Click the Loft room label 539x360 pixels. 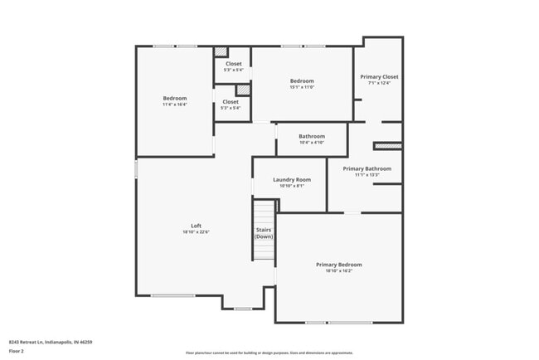tap(197, 226)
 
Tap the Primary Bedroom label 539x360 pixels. tap(338, 265)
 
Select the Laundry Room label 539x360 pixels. tap(292, 179)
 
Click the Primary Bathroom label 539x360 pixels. tap(367, 168)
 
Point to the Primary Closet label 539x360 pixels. tap(379, 76)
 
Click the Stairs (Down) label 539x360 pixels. tap(264, 233)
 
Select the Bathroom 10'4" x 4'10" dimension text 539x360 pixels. tap(312, 143)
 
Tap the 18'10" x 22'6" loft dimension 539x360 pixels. tap(197, 232)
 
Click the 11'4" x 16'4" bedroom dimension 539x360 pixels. tap(175, 105)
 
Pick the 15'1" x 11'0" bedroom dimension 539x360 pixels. tap(302, 87)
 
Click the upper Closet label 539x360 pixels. tap(233, 64)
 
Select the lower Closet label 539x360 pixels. tap(231, 102)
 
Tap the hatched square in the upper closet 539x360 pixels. tap(221, 51)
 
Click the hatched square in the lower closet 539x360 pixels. tap(243, 90)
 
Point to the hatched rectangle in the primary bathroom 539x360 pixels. tap(387, 146)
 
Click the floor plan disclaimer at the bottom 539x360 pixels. tap(269, 353)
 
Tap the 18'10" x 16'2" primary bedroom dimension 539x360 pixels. tap(338, 271)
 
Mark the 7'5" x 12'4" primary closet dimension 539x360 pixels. tap(379, 83)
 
